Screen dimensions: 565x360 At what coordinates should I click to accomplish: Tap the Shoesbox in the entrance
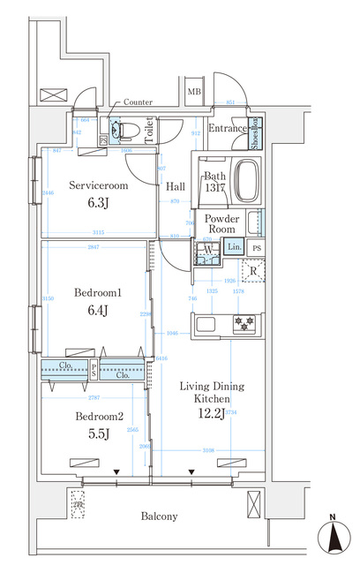coord(254,130)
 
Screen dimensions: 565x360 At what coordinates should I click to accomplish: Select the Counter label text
coord(139,102)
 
